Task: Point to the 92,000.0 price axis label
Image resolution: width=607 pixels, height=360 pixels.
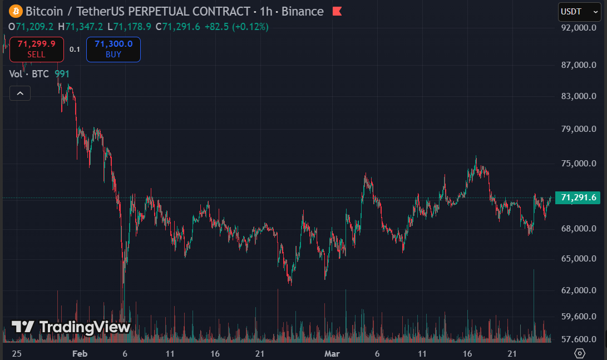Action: [x=578, y=28]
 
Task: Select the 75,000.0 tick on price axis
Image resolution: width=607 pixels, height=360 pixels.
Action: [x=578, y=164]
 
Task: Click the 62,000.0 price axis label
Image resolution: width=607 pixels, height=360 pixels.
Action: [x=578, y=290]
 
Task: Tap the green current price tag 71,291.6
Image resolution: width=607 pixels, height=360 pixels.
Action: [x=578, y=198]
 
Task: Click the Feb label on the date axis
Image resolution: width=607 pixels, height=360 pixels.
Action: [x=80, y=354]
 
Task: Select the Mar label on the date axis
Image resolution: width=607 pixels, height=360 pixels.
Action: [x=332, y=354]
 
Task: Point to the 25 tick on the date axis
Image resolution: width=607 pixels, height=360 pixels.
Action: [x=17, y=354]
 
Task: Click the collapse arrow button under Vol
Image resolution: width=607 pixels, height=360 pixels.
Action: [x=20, y=93]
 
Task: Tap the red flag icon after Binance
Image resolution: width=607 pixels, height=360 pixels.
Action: [x=337, y=11]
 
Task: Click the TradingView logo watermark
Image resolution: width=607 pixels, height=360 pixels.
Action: [x=71, y=327]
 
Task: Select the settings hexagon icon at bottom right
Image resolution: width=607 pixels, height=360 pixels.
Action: [x=580, y=353]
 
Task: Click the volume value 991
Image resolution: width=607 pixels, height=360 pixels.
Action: [x=62, y=73]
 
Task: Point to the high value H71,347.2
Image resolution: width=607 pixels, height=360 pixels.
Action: [x=83, y=26]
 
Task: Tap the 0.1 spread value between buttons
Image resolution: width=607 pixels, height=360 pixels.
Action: [x=75, y=50]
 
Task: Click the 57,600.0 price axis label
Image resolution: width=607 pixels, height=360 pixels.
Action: [x=578, y=339]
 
